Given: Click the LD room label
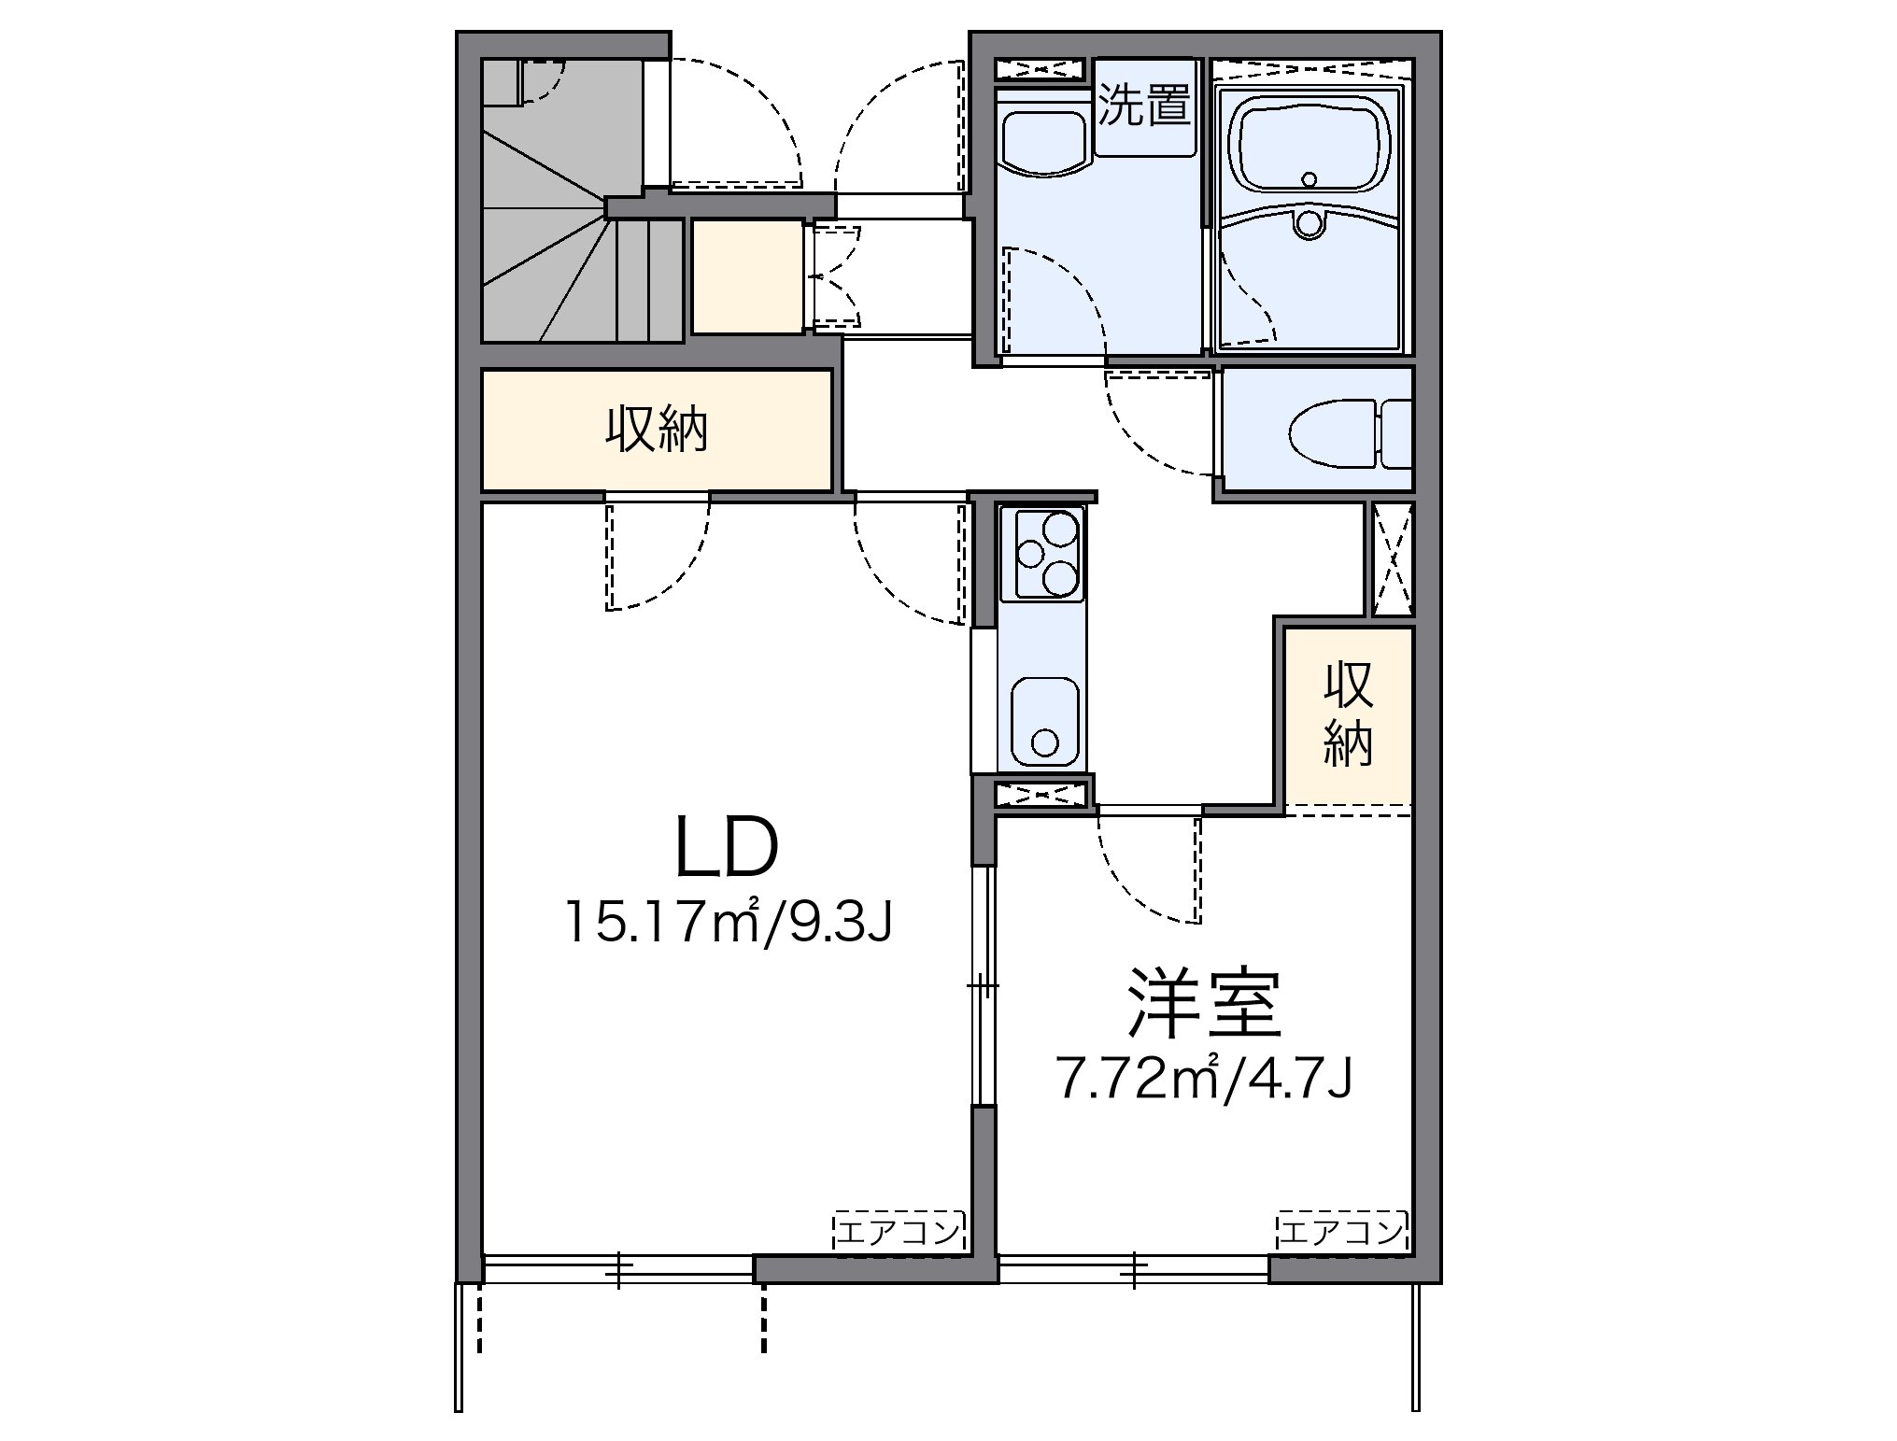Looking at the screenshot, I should (x=726, y=848).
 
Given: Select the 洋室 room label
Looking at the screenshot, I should (x=1203, y=1005).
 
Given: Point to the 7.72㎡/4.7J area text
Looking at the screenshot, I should (x=1205, y=1078).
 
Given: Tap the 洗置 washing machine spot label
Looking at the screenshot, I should (x=1144, y=106).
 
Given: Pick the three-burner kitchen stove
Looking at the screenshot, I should (x=1041, y=554).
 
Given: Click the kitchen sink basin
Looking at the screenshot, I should (x=1044, y=722).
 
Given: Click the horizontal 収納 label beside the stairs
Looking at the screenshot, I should (x=657, y=431).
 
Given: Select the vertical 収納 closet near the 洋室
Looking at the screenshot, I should (x=1348, y=714).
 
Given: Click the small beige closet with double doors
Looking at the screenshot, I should (x=746, y=276).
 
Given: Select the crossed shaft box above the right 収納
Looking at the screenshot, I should (x=1393, y=558).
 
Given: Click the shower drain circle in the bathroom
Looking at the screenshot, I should (x=1309, y=223).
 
